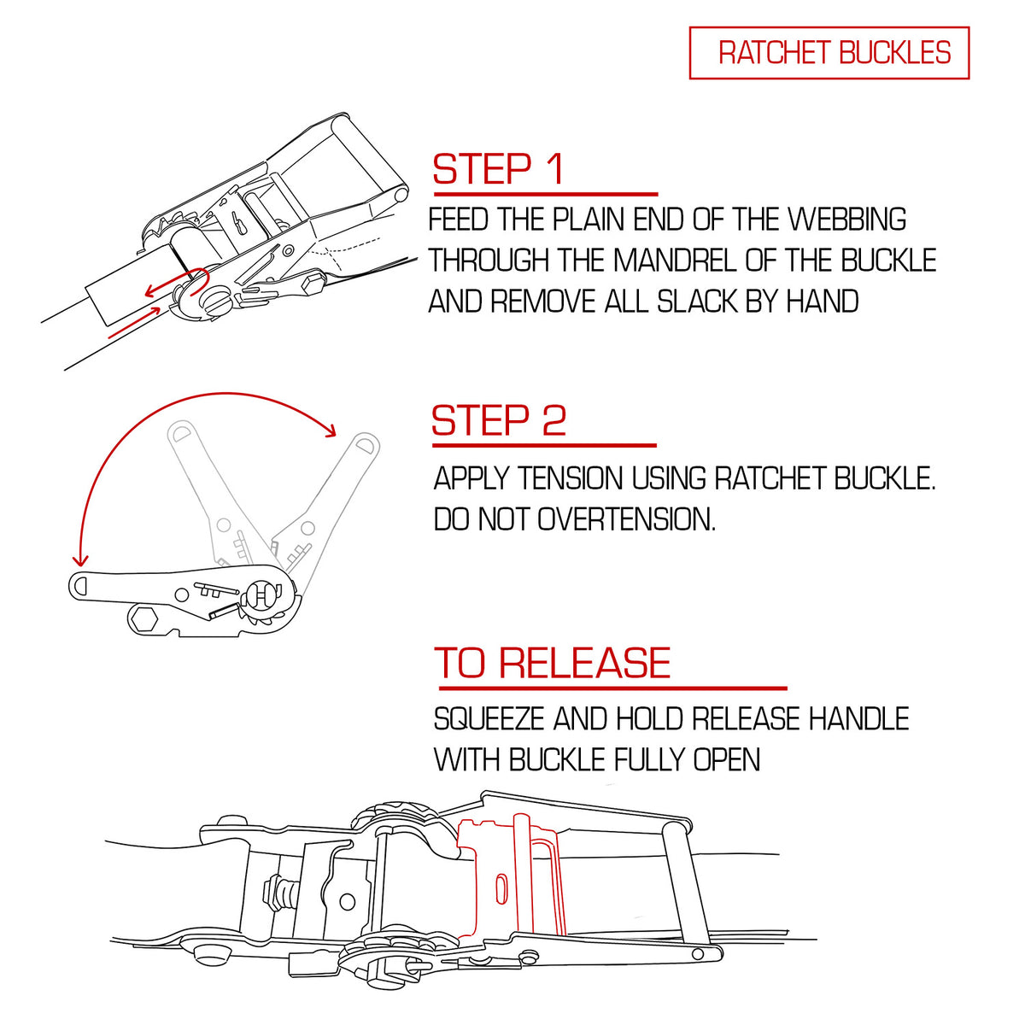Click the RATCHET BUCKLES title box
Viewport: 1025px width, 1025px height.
click(829, 53)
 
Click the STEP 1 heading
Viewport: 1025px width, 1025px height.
click(498, 169)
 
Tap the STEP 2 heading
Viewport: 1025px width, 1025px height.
click(498, 420)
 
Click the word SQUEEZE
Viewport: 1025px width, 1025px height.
click(489, 718)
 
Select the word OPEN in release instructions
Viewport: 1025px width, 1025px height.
click(727, 759)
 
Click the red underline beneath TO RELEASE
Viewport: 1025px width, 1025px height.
click(612, 688)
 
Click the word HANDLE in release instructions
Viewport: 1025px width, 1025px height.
click(859, 718)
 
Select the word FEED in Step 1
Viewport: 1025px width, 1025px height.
click(458, 219)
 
